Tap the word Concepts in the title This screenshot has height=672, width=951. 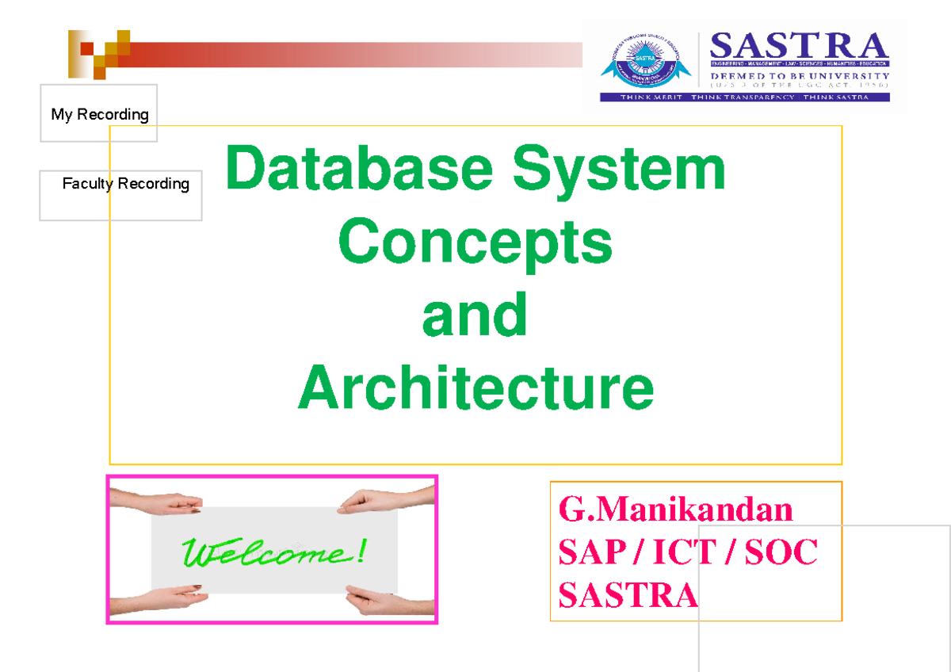(x=475, y=243)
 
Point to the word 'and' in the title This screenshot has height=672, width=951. (x=475, y=315)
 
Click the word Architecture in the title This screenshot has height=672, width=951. (x=475, y=388)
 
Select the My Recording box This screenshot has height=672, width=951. (x=99, y=114)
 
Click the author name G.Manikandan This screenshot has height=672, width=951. (x=675, y=509)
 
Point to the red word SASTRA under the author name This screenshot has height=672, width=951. (x=628, y=594)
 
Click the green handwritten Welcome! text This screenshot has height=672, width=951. (x=273, y=552)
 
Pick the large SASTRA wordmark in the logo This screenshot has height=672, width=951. (x=799, y=46)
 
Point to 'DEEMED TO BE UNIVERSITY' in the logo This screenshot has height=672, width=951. (x=799, y=76)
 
